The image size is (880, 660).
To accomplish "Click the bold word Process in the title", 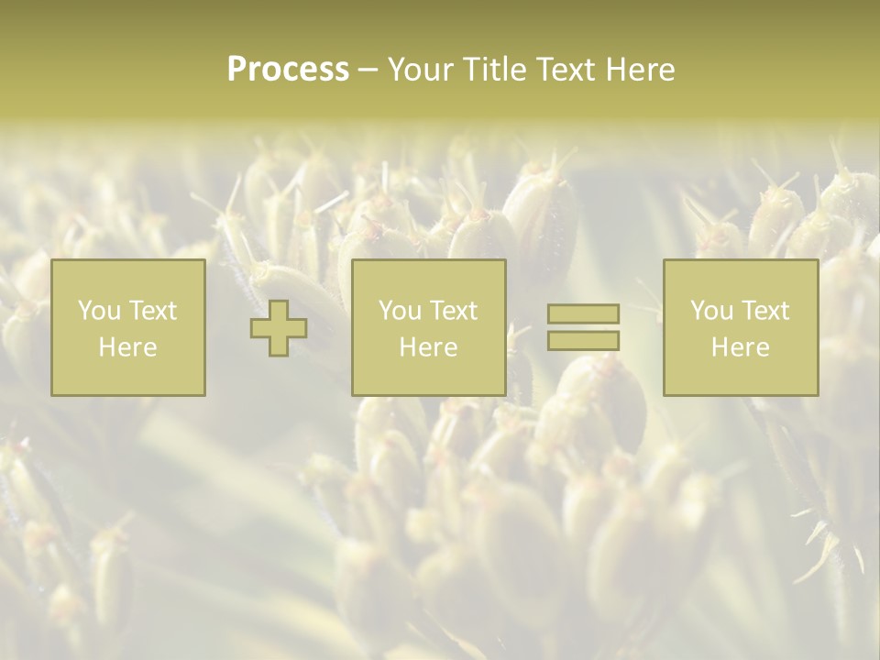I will click(288, 70).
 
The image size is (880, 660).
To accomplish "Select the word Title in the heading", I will click(491, 70).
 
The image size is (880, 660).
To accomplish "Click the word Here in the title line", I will click(643, 70).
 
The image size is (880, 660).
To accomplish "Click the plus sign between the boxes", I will click(279, 328).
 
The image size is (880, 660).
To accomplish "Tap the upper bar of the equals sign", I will click(583, 314).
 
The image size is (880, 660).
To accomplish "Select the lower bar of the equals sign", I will click(583, 341).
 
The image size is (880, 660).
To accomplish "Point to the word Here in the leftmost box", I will click(127, 347).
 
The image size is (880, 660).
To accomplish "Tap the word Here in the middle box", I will click(428, 347).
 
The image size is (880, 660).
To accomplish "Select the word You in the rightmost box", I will click(711, 311).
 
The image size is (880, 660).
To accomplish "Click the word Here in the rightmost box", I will click(740, 347).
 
